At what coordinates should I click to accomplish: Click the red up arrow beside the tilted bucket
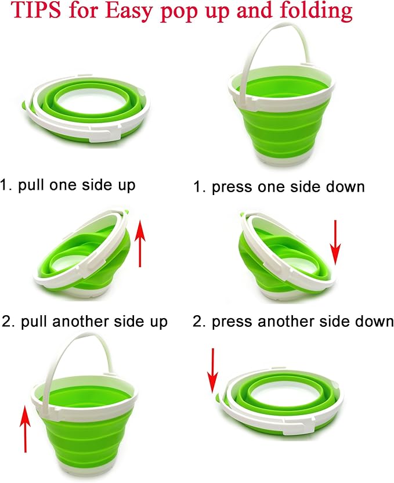pos(140,243)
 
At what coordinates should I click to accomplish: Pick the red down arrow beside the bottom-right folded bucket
pos(212,371)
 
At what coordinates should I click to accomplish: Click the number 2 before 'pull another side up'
pos(6,322)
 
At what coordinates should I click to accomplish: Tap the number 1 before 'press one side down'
pos(198,188)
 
